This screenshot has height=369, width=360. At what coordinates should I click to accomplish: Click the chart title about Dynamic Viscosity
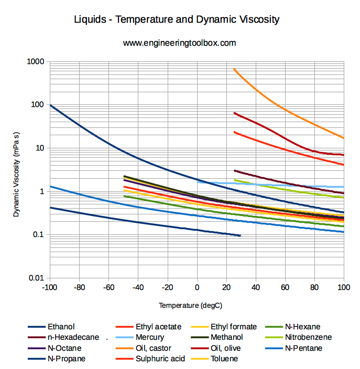tap(178, 20)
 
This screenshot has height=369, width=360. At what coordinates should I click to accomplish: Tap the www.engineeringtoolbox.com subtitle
tap(179, 43)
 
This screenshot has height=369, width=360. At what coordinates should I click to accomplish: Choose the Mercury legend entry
tap(149, 338)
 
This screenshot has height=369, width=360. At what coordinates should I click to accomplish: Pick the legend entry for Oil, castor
tap(153, 348)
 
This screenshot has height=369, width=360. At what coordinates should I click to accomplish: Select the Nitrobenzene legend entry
tap(308, 338)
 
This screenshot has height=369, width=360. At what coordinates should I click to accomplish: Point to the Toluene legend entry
tap(224, 359)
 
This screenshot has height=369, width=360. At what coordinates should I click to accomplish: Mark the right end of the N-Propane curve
tap(240, 236)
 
